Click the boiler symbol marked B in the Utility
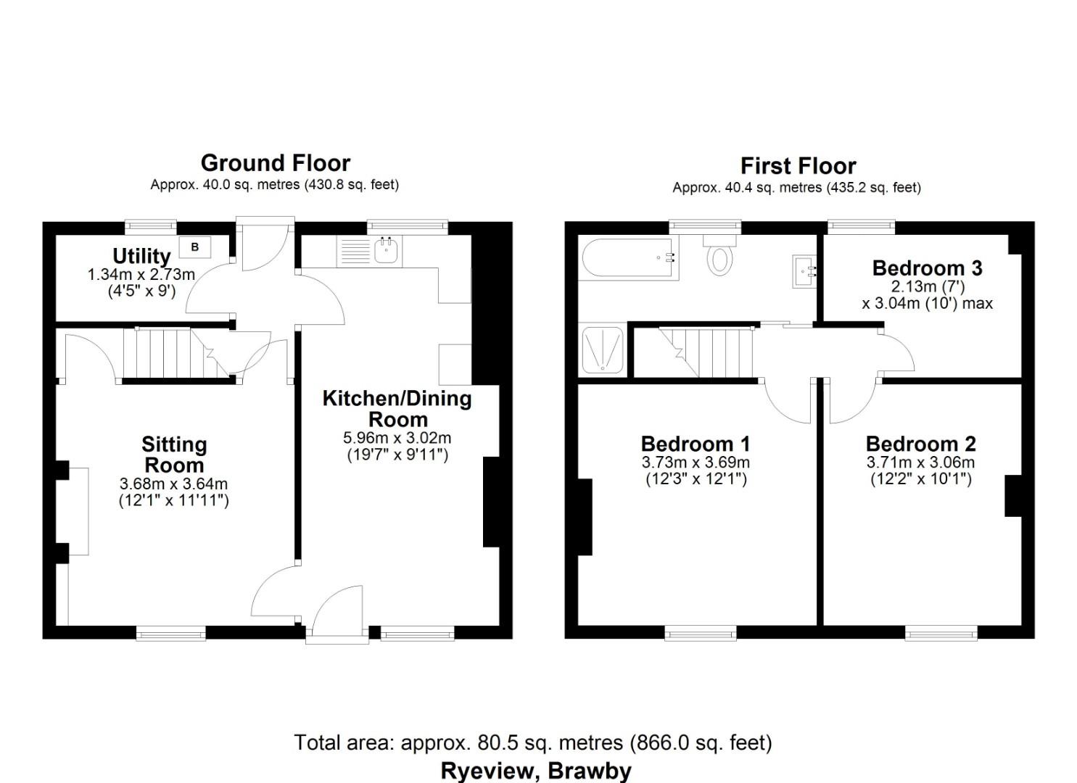pos(194,247)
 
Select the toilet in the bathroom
pos(718,256)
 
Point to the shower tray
pos(601,351)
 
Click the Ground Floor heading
pos(275,162)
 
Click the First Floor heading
pos(798,166)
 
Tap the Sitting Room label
pos(174,455)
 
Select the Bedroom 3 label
pos(927,268)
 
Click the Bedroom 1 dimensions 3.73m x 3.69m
pos(696,463)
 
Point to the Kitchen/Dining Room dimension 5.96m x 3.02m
pos(397,438)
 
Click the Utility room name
pos(141,256)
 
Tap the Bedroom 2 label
pos(920,444)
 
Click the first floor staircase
pos(711,352)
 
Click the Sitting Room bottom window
pos(170,634)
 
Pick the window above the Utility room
pos(151,226)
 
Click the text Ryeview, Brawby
pos(536,771)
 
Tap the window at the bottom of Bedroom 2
pos(941,634)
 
